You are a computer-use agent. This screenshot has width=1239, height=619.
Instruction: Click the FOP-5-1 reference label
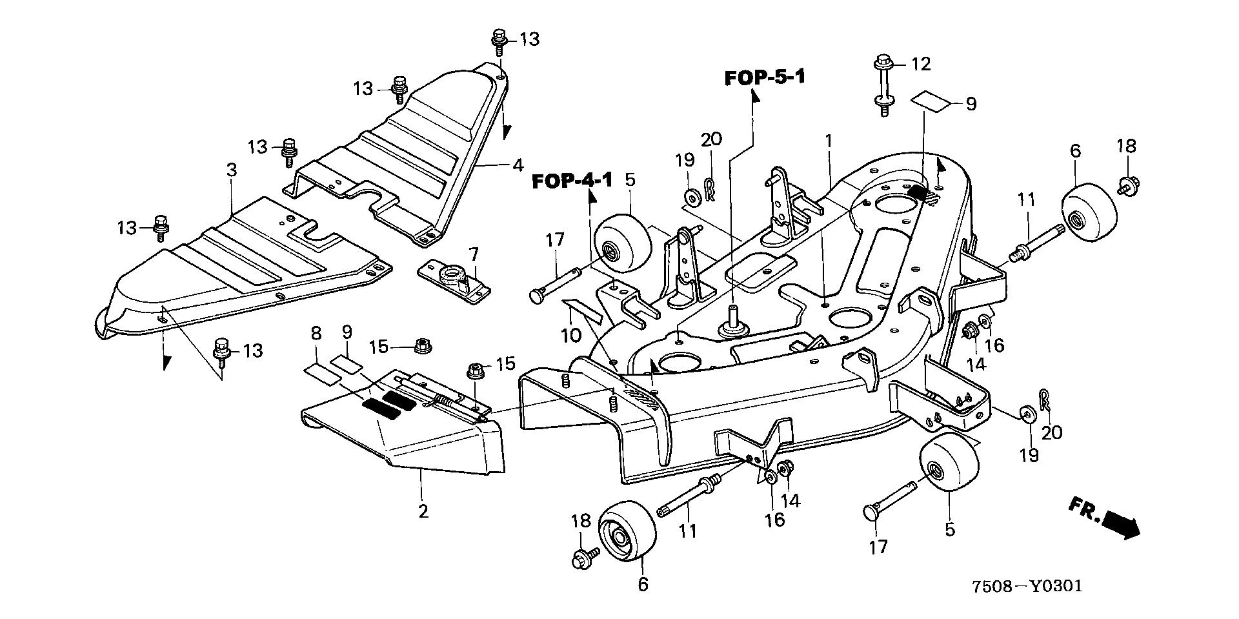coord(765,78)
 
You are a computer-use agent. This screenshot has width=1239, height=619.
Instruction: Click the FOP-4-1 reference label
coord(571,181)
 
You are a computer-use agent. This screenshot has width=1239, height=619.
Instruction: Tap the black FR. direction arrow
coord(1122,523)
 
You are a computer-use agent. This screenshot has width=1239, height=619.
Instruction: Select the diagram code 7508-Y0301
coord(1027,586)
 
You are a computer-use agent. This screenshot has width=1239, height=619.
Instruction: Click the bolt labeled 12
coord(882,84)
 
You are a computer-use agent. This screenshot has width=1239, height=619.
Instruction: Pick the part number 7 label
coord(474,252)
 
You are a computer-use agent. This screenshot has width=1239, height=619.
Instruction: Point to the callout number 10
coord(572,335)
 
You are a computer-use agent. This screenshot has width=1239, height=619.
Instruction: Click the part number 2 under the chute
coord(423,511)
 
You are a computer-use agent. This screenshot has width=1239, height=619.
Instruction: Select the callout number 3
coord(232,170)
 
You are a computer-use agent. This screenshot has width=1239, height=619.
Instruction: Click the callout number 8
coord(316,334)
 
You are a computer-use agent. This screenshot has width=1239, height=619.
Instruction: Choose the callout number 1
coord(828,139)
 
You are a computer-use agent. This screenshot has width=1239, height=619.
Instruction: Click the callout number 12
coord(921,64)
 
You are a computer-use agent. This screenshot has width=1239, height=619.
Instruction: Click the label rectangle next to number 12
coord(930,102)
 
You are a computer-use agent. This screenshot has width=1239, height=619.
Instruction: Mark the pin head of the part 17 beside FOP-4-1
coord(537,296)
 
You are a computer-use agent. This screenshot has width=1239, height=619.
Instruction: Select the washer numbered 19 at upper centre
coord(692,194)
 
